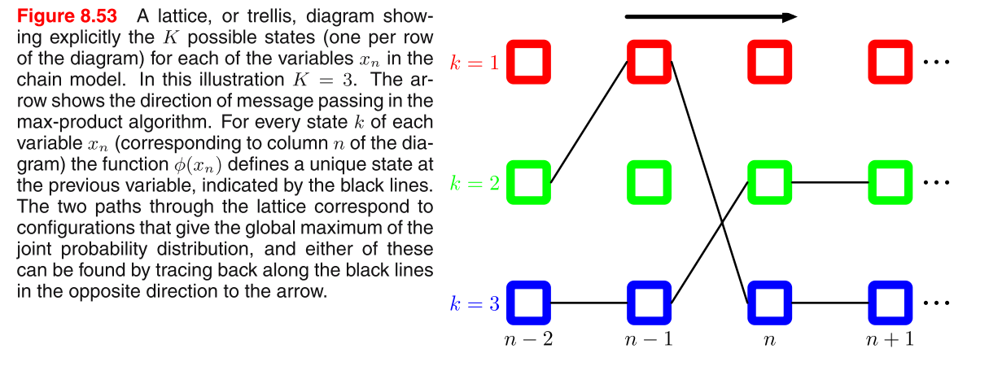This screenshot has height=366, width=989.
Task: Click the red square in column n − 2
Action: (x=529, y=62)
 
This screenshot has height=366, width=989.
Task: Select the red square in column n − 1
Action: (x=649, y=62)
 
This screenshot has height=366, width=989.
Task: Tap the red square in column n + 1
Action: (x=890, y=62)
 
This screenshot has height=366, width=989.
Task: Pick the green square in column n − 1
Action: (x=649, y=182)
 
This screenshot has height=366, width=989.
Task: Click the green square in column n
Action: (x=769, y=182)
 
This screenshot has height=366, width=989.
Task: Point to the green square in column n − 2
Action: (x=529, y=182)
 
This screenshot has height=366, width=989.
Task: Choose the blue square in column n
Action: (x=769, y=303)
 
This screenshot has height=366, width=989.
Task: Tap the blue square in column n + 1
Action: (x=890, y=303)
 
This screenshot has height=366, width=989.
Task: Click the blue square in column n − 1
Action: (x=649, y=303)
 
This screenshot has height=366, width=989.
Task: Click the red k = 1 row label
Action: (x=475, y=62)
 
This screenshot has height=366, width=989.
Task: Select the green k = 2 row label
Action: (x=475, y=183)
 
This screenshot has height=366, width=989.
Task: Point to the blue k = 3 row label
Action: (x=475, y=304)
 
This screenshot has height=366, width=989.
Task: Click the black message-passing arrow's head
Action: (x=788, y=16)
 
